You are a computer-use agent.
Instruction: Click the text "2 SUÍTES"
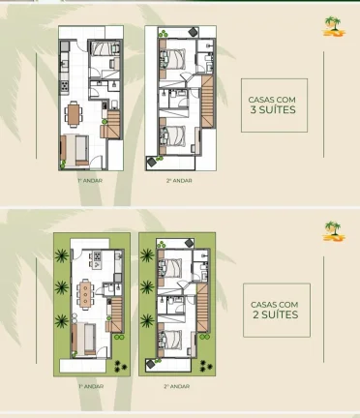(274, 314)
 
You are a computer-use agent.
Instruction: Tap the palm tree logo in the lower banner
(333, 230)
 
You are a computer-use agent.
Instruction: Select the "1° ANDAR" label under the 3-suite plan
(91, 179)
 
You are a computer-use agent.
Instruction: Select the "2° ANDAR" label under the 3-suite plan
(178, 179)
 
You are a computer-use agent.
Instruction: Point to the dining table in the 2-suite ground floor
(87, 289)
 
